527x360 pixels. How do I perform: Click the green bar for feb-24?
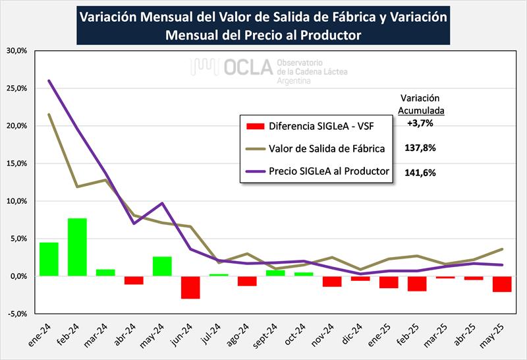pos(77,247)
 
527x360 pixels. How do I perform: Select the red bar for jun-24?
pos(190,287)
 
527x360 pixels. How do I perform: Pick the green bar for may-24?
pos(162,266)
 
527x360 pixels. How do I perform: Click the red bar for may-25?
pos(502,284)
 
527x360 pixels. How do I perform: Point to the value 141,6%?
pos(420,172)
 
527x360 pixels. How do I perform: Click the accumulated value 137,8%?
pos(420,148)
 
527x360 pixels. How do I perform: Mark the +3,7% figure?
pos(420,123)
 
